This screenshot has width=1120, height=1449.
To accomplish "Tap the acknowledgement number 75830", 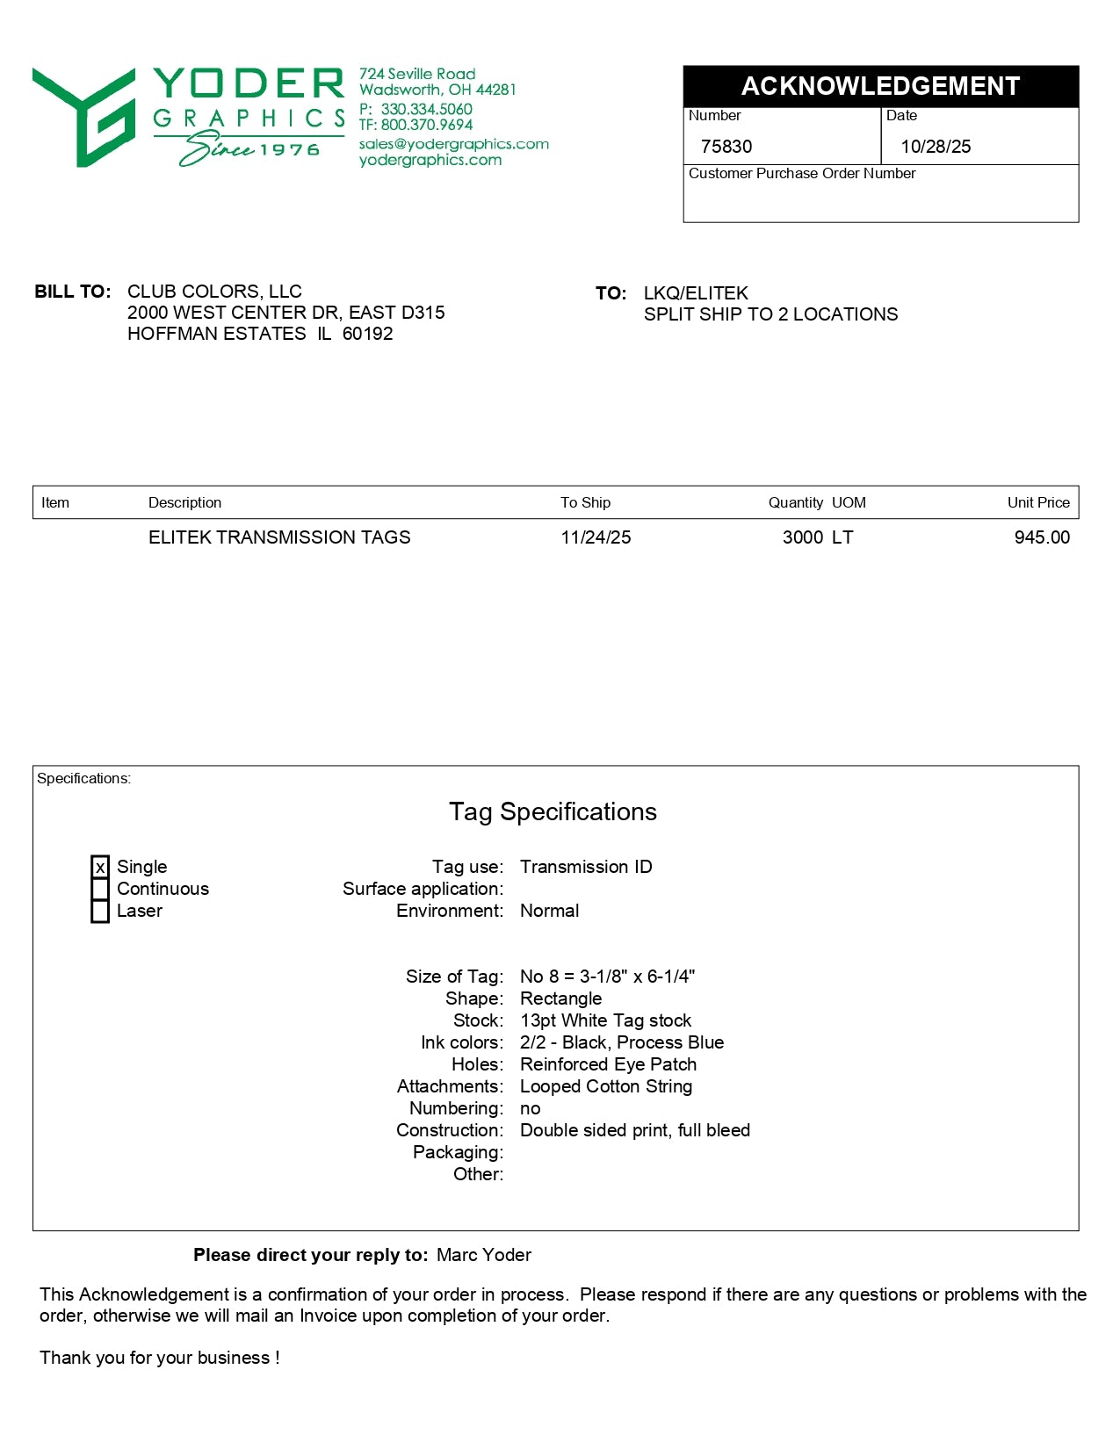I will [x=726, y=147].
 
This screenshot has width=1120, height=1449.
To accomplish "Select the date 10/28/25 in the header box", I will [x=936, y=147].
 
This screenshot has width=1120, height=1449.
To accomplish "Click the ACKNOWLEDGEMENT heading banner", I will [x=880, y=86].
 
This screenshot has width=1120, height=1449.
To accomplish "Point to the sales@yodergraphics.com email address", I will [x=453, y=144].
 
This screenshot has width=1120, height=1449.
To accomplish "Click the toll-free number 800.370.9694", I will [x=426, y=125].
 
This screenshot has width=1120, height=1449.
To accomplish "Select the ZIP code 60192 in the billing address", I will [x=367, y=334].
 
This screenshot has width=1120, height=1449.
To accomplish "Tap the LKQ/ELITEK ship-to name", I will [x=696, y=293].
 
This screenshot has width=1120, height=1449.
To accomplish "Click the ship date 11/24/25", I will [x=596, y=537].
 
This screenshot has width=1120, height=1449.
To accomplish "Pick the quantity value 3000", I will [x=802, y=537].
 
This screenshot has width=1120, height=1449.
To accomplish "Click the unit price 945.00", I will [x=1042, y=537].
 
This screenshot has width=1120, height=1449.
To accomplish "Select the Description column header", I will [x=184, y=502].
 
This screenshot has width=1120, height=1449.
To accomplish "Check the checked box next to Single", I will [x=100, y=868].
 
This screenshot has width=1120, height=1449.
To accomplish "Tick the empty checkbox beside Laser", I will [x=100, y=912].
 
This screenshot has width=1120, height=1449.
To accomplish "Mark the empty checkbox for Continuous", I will [x=100, y=890].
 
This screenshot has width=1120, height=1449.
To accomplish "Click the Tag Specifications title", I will [x=553, y=811].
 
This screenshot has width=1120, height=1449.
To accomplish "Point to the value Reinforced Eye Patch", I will [x=608, y=1064].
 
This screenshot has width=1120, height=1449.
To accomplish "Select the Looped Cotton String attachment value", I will [x=606, y=1086].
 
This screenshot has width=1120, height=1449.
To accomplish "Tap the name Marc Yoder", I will [x=483, y=1255].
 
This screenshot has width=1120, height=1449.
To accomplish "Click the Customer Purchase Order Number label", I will [x=801, y=174].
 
